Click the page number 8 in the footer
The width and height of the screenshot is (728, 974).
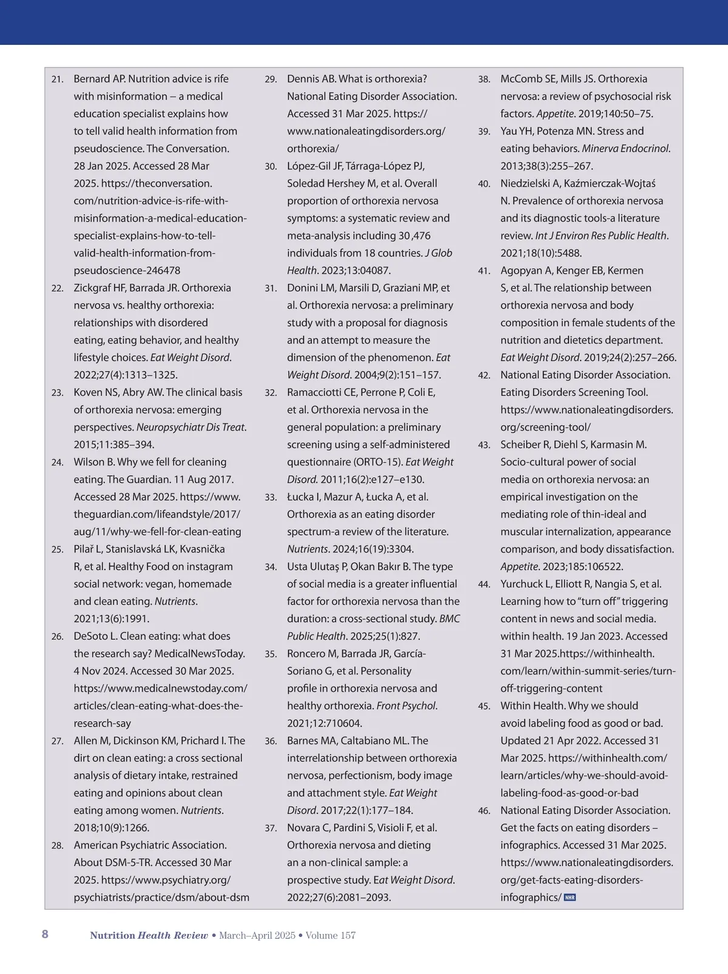pyautogui.click(x=45, y=934)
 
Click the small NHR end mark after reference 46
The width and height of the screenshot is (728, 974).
pyautogui.click(x=570, y=898)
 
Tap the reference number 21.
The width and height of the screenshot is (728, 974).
pyautogui.click(x=58, y=79)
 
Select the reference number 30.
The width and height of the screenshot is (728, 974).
pyautogui.click(x=271, y=167)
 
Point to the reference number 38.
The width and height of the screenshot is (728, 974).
pyautogui.click(x=484, y=79)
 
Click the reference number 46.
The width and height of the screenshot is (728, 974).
pyautogui.click(x=484, y=811)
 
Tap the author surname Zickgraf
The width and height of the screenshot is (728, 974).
pyautogui.click(x=93, y=288)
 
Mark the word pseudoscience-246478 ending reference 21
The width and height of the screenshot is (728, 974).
pyautogui.click(x=127, y=270)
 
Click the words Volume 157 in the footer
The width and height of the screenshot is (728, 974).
pyautogui.click(x=331, y=935)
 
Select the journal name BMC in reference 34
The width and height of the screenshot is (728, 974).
pyautogui.click(x=450, y=619)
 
